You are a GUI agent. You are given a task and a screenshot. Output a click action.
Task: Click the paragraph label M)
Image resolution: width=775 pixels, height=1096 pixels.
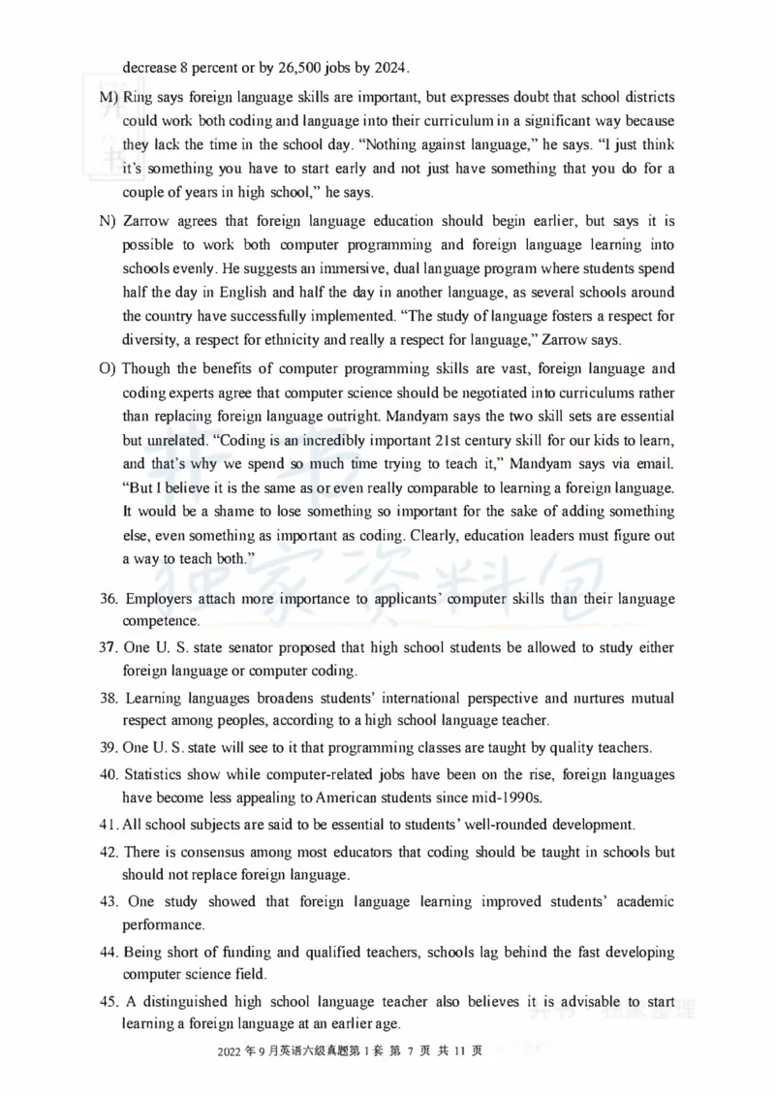coord(108,99)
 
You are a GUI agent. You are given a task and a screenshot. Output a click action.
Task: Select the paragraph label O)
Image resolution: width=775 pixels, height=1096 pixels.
coord(108,369)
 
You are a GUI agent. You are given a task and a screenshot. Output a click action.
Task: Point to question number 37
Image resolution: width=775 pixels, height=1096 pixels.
coord(108,646)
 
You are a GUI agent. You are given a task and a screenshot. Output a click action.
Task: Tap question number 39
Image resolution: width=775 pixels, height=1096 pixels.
coord(108,747)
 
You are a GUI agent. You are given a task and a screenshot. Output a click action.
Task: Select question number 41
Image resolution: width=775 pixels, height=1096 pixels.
coord(108,825)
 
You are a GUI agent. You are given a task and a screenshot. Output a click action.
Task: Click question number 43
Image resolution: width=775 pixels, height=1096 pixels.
coord(109,902)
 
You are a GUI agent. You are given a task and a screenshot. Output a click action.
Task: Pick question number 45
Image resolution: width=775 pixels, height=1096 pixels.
coord(108,1003)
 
